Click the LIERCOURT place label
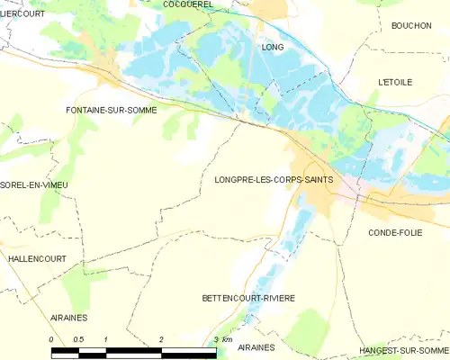22,13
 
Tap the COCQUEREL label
187,4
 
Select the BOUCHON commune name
412,26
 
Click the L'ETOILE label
395,82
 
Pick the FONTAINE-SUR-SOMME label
112,110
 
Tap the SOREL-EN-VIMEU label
34,184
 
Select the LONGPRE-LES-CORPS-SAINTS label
274,179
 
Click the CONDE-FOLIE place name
396,232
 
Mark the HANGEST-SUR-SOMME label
403,350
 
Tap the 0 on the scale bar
52,338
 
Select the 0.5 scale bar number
78,338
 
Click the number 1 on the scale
106,338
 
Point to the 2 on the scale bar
161,338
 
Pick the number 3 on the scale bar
216,338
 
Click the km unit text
229,339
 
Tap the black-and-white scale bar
134,351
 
